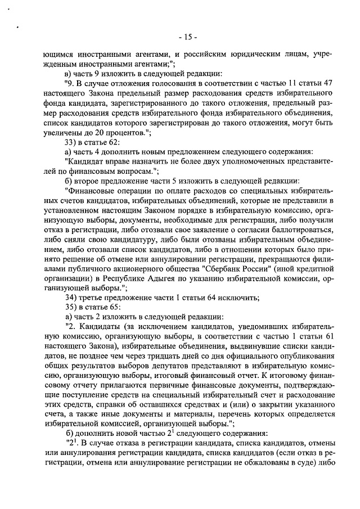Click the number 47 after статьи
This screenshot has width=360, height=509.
[329, 83]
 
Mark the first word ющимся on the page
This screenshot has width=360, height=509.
[62, 54]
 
